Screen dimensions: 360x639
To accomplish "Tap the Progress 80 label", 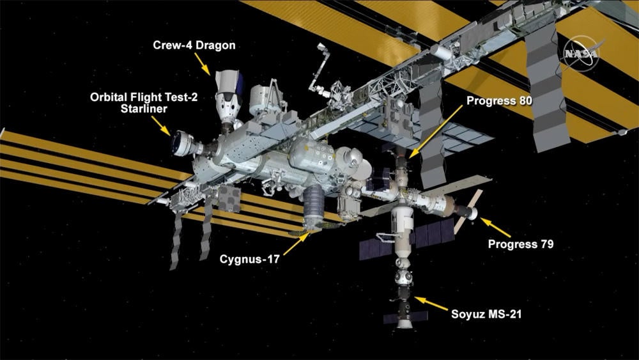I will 499,100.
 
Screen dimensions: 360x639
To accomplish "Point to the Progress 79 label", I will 520,244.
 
